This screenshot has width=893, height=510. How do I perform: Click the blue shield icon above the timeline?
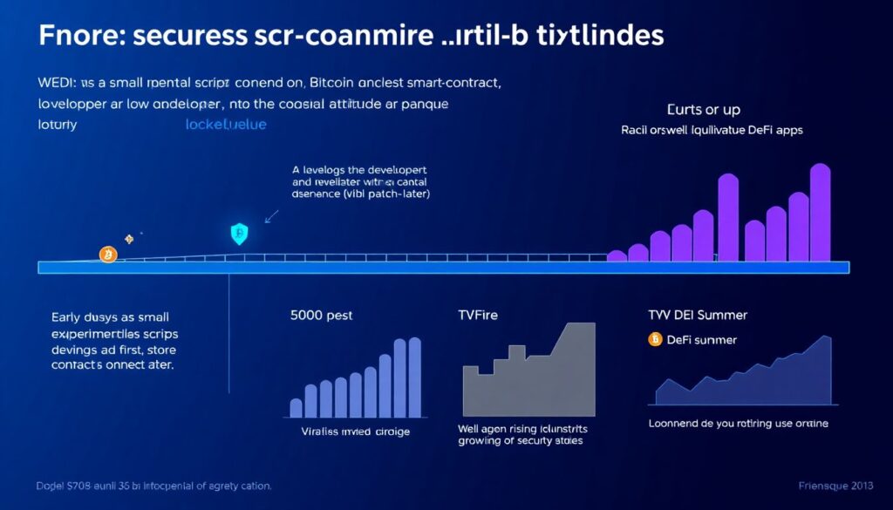239,233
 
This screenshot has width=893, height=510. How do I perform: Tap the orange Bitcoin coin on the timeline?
108,255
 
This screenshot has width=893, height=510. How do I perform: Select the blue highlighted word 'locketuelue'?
226,125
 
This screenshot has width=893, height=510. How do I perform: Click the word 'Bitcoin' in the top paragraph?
334,85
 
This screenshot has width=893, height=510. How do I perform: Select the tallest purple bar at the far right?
820,212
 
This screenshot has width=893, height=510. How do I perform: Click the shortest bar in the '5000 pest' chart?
296,407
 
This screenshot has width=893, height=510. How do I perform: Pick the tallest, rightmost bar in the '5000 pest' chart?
414,377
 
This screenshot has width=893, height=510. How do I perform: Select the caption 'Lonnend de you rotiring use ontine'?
738,424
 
